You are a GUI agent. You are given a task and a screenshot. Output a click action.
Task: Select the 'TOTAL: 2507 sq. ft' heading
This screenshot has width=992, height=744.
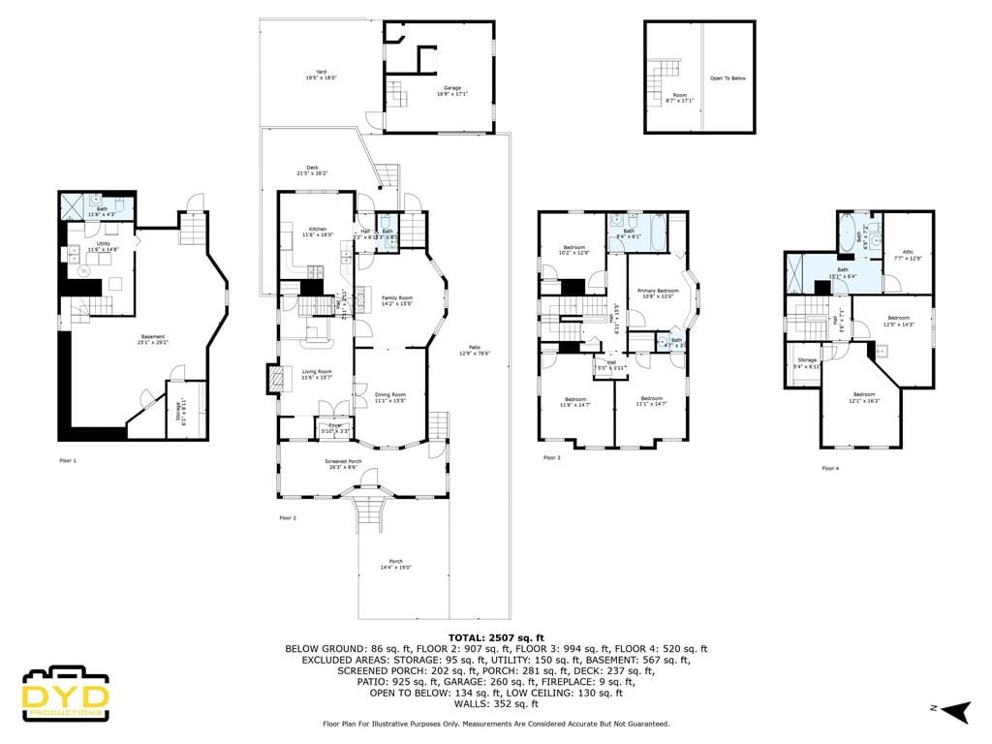(495, 636)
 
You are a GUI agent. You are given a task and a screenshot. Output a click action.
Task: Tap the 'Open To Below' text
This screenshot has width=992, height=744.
(728, 78)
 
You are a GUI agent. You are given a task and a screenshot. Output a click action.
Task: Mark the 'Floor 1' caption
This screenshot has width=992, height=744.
(68, 460)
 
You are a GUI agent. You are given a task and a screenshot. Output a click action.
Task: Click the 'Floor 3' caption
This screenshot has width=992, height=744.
(552, 457)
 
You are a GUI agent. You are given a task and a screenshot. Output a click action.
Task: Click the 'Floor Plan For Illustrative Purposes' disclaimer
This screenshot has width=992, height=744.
(495, 724)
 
